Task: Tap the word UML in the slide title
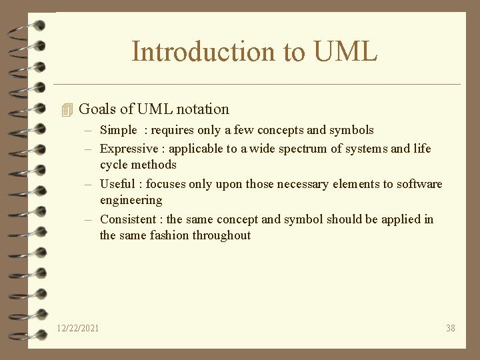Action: pyautogui.click(x=345, y=51)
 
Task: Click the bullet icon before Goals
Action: pyautogui.click(x=65, y=109)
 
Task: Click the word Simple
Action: pyautogui.click(x=118, y=130)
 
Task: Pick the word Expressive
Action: pyautogui.click(x=129, y=148)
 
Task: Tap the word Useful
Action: pyautogui.click(x=117, y=183)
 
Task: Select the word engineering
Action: pyautogui.click(x=131, y=200)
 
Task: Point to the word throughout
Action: pyautogui.click(x=221, y=235)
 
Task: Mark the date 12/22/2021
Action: pyautogui.click(x=79, y=327)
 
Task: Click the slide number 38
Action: pyautogui.click(x=451, y=327)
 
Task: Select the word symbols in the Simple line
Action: pyautogui.click(x=351, y=130)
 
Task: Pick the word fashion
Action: pyautogui.click(x=169, y=235)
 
